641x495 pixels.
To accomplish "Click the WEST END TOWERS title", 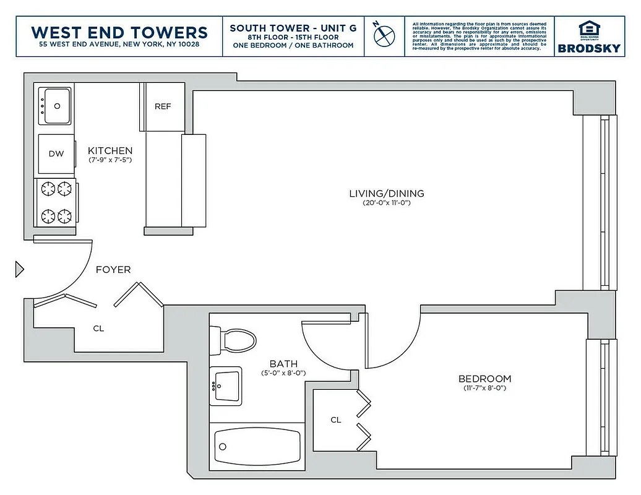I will (119, 32).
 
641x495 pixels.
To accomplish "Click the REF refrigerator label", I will (163, 106).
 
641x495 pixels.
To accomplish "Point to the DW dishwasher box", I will (56, 153).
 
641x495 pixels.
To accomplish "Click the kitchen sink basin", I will (56, 106).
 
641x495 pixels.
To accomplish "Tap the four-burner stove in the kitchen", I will (56, 202).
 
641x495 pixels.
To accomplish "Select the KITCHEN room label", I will (110, 150).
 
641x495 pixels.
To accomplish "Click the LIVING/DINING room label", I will (387, 193).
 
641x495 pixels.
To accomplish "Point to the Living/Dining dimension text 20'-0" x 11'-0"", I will (387, 203).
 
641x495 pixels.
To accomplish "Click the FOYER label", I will (113, 270).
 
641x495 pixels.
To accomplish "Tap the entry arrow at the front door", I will (19, 270).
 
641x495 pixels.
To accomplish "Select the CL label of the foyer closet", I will (98, 329).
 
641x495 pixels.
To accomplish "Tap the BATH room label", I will (283, 364).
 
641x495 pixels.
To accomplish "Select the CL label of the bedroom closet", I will (335, 420).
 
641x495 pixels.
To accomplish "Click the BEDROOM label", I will (484, 379).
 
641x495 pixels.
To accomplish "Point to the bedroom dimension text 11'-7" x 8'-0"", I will (484, 389).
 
